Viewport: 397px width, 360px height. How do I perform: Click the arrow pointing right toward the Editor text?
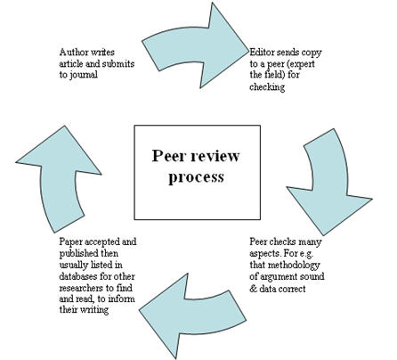tap(196, 47)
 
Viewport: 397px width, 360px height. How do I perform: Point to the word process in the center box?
tap(196, 178)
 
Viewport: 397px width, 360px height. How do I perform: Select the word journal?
tap(84, 75)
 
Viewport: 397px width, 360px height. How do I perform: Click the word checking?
tap(267, 87)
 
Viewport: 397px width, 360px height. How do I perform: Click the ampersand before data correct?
tap(253, 289)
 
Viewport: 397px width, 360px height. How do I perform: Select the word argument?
tap(278, 277)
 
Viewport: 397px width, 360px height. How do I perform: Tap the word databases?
tap(78, 276)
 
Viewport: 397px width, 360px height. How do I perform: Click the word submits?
tap(118, 64)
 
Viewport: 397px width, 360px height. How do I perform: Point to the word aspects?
tap(265, 254)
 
